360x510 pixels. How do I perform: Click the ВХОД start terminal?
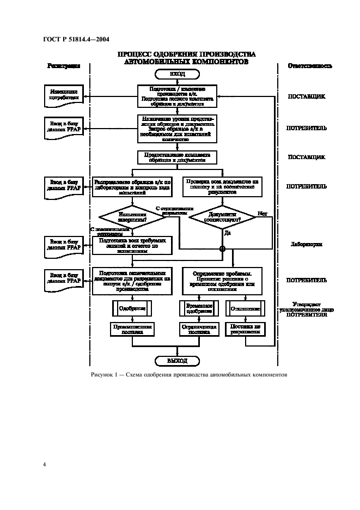click(x=177, y=74)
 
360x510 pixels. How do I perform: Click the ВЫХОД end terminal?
click(x=177, y=361)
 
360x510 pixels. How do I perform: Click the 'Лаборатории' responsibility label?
click(x=307, y=245)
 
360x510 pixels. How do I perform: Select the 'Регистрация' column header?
click(x=64, y=65)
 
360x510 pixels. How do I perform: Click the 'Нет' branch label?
click(x=263, y=213)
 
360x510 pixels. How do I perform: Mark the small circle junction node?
click(x=222, y=249)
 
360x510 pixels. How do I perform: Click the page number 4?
click(x=44, y=464)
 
